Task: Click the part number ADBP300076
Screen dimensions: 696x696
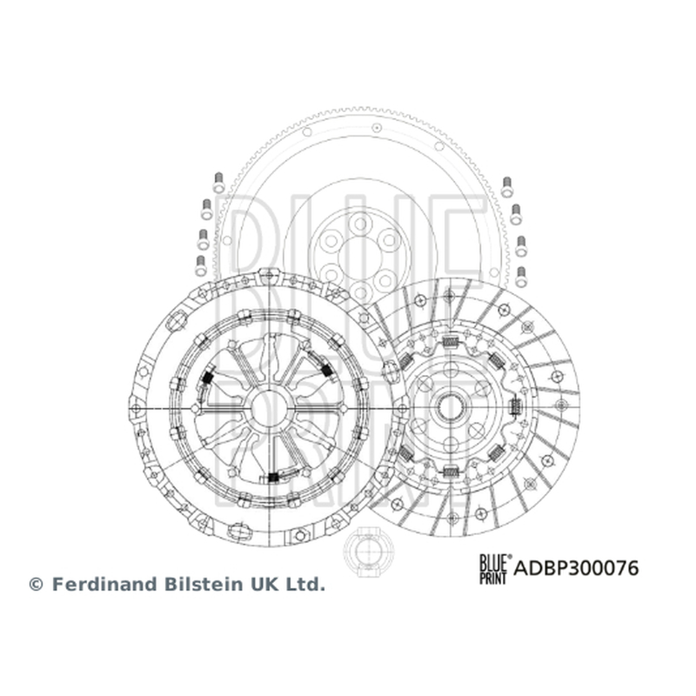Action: click(x=576, y=568)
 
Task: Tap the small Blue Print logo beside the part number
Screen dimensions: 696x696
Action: click(x=494, y=569)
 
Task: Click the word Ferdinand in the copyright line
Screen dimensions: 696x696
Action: click(x=105, y=584)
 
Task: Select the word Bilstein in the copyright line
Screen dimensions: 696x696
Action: click(x=204, y=584)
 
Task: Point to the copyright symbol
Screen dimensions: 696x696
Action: click(x=36, y=585)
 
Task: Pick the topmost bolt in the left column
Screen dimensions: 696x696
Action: click(x=218, y=183)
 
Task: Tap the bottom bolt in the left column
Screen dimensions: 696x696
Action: click(x=201, y=266)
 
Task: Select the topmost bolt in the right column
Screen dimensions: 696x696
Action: click(x=507, y=187)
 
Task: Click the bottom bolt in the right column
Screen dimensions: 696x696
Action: click(x=521, y=277)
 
